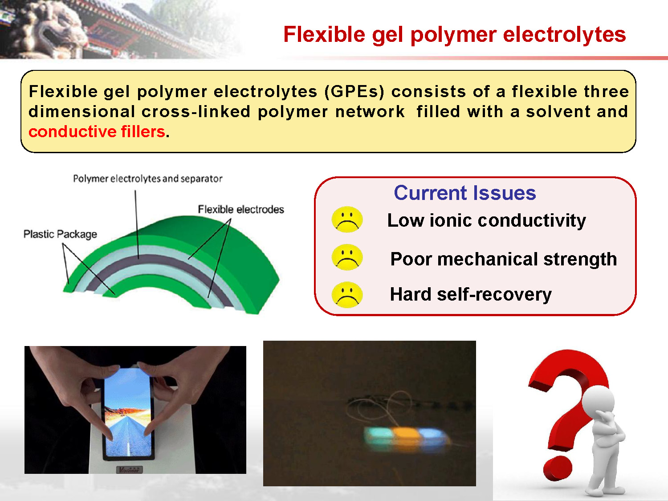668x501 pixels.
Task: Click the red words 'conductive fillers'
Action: click(97, 132)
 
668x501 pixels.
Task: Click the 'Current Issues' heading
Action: click(465, 193)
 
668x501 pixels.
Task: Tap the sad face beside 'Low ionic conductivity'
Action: click(347, 220)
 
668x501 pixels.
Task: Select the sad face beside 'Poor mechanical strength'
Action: click(347, 257)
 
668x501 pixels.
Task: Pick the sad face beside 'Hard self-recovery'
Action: click(347, 295)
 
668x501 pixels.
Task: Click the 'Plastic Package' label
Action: click(60, 234)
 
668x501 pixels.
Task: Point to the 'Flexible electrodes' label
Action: click(241, 209)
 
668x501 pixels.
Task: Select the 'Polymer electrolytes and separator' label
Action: click(147, 179)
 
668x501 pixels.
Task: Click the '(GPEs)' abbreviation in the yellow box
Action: click(354, 92)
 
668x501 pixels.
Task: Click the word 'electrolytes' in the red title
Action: click(565, 34)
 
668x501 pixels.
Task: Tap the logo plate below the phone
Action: click(129, 469)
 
